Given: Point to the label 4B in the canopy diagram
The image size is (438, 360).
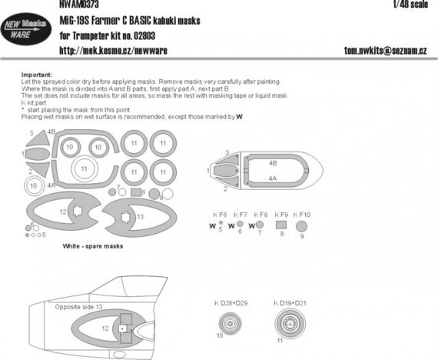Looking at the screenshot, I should pos(273,163).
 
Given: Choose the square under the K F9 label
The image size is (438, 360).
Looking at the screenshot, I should pos(281,225).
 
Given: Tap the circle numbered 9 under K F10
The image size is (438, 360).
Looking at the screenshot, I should pos(302,225).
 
